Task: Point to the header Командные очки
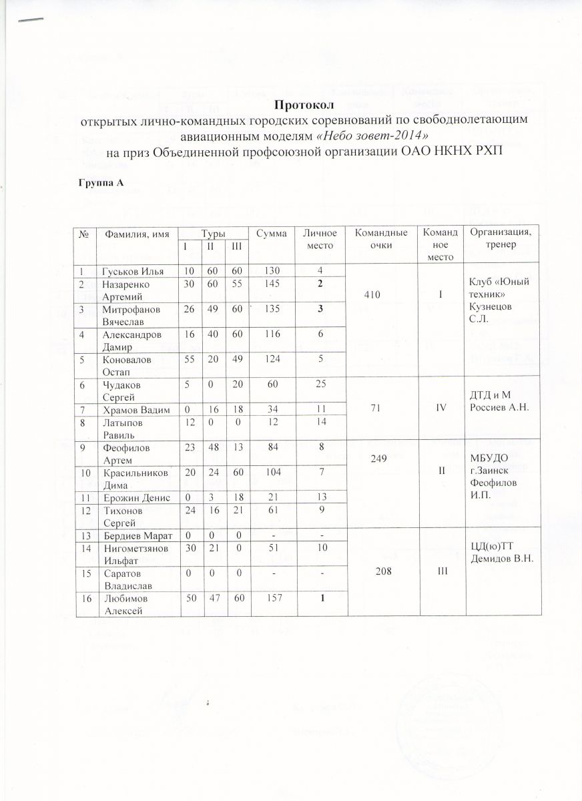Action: pyautogui.click(x=381, y=238)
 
